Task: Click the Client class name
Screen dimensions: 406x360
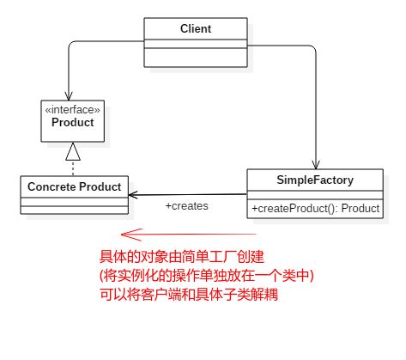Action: (x=196, y=28)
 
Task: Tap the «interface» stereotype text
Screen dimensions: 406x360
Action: (x=73, y=110)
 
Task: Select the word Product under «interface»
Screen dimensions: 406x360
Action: (x=73, y=122)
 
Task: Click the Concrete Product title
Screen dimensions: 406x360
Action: (x=74, y=186)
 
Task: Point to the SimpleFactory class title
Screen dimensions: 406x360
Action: (x=315, y=180)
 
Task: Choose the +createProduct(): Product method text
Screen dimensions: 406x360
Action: (x=315, y=208)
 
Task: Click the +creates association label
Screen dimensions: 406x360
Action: (x=187, y=206)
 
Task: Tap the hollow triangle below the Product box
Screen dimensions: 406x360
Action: (x=73, y=151)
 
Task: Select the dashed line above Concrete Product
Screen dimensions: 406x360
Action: (x=73, y=168)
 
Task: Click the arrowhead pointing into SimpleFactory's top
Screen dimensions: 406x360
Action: (x=316, y=165)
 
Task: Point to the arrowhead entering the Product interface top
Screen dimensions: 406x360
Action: (x=69, y=96)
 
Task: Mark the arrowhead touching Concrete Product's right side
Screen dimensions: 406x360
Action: (x=133, y=195)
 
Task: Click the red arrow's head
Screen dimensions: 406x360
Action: (x=131, y=235)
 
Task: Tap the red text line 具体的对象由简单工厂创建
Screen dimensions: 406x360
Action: (x=182, y=257)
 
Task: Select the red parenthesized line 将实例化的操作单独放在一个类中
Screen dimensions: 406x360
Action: (x=207, y=276)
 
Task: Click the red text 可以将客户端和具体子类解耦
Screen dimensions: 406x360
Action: (x=189, y=295)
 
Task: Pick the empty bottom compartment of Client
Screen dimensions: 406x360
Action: (x=196, y=58)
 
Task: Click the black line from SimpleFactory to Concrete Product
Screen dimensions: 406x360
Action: (x=188, y=195)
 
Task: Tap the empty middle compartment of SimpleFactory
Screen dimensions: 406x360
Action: (x=315, y=195)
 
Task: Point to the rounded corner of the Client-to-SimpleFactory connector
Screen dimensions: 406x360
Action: (x=313, y=48)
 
